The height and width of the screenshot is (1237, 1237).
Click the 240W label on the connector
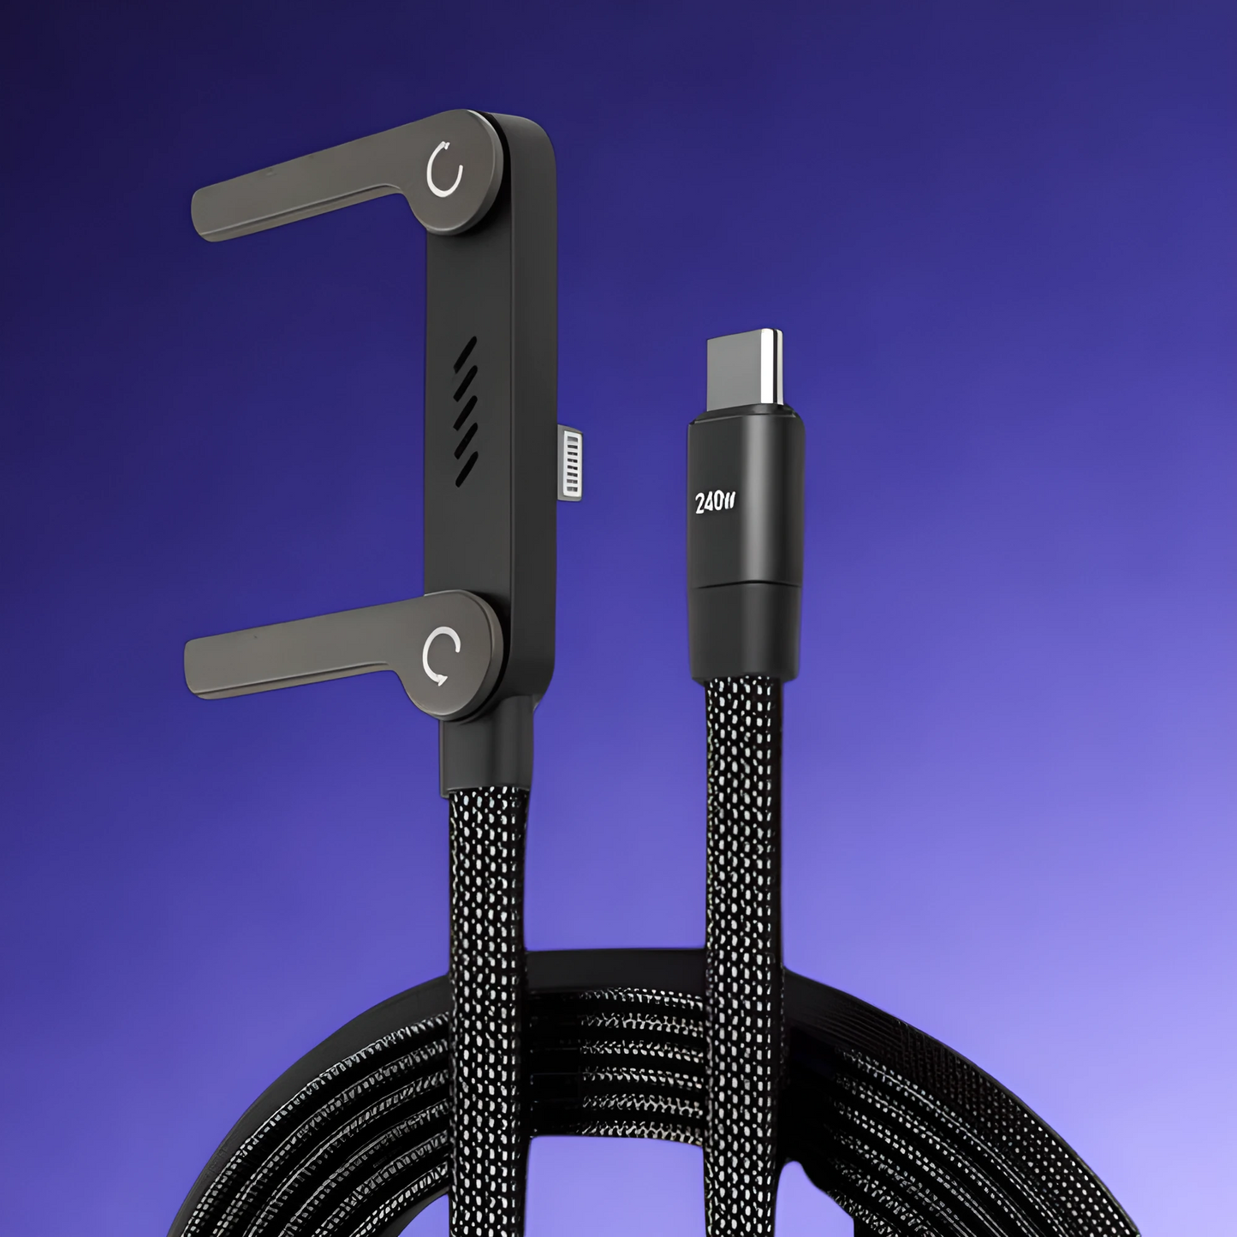(x=716, y=503)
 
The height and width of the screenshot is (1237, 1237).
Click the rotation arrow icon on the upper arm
(x=444, y=175)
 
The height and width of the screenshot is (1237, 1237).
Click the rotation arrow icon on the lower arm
(x=441, y=657)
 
